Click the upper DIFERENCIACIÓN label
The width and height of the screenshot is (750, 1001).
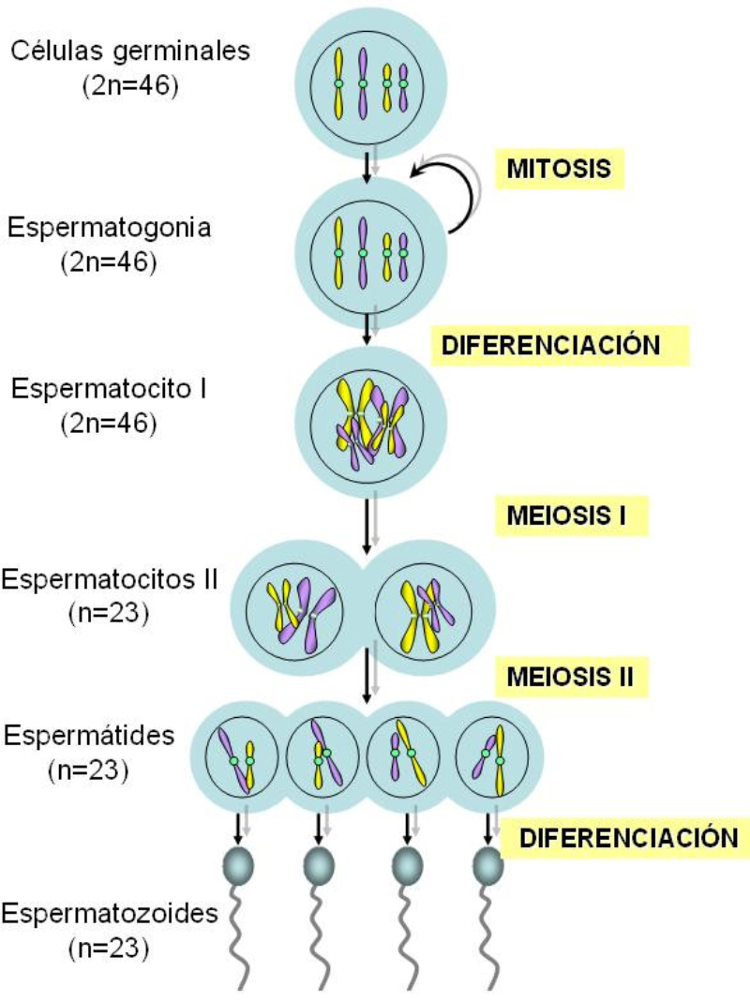click(x=560, y=344)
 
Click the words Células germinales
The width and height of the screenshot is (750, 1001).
click(x=130, y=50)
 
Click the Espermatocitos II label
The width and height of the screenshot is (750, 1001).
click(x=110, y=578)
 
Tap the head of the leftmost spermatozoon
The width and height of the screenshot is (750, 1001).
click(x=238, y=864)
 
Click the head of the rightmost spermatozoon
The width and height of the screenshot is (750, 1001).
click(x=487, y=864)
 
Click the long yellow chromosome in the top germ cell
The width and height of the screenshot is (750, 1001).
click(x=338, y=84)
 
